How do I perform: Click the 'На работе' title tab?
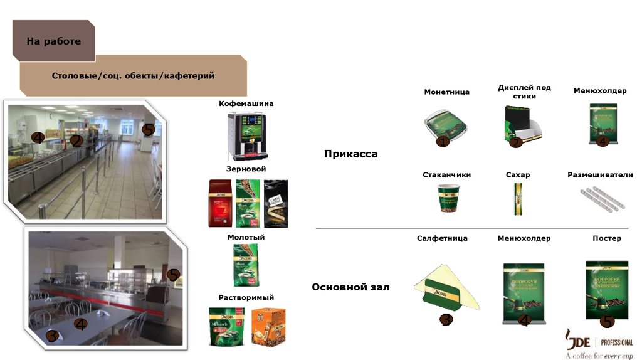53,41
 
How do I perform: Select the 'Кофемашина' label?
246,103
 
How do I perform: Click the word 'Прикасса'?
350,154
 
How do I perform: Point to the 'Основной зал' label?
350,287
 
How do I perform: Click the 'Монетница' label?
446,92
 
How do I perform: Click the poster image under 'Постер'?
606,289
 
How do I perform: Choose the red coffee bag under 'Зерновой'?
220,203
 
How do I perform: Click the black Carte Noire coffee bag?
275,203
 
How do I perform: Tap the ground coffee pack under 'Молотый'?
246,265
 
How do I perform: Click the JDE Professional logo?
598,344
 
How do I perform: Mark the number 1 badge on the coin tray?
443,142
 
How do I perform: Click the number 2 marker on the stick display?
515,142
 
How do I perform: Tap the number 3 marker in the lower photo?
53,336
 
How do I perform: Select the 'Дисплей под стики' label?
524,92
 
